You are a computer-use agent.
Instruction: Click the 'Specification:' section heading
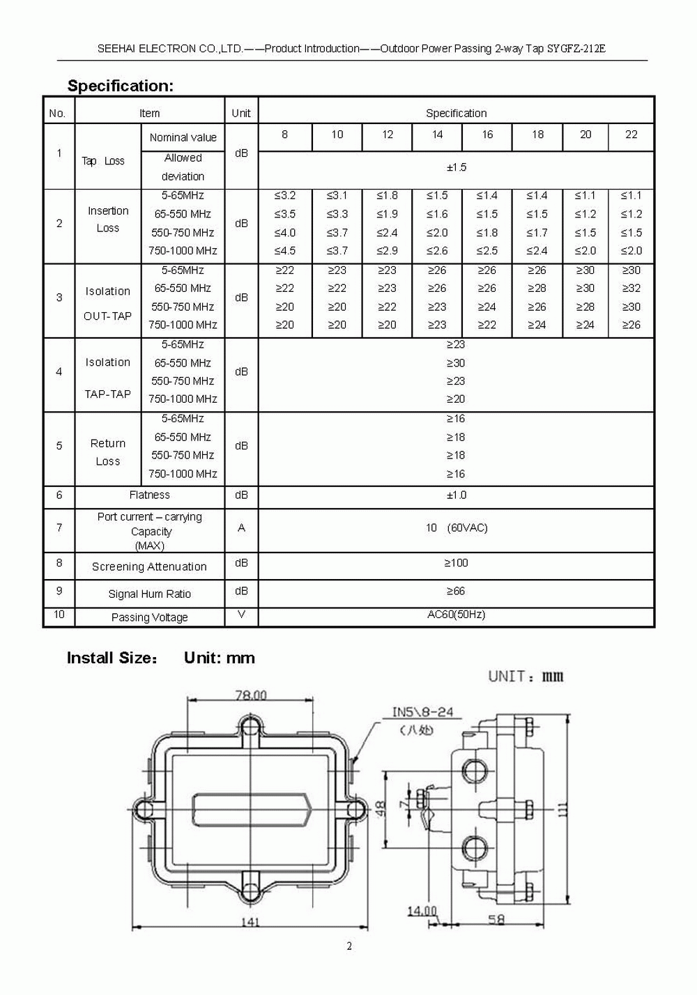click(120, 86)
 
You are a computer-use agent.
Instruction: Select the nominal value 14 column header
click(437, 134)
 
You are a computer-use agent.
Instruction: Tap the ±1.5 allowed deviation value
click(457, 167)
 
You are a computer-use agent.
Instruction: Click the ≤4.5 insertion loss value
click(284, 251)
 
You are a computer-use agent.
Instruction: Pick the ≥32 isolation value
click(631, 288)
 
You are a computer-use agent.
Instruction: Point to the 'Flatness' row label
click(149, 495)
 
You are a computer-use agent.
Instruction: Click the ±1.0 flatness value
click(457, 495)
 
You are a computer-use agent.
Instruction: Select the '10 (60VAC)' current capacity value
click(457, 528)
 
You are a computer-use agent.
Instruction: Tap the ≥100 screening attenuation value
click(457, 563)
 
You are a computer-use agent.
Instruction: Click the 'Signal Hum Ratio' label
click(149, 594)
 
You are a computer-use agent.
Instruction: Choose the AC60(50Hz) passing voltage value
click(457, 615)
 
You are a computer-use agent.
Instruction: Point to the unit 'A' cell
click(241, 528)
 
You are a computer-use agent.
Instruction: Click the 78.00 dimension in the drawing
click(251, 695)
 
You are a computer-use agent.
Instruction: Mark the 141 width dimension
click(250, 922)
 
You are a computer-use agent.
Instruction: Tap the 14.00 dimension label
click(422, 911)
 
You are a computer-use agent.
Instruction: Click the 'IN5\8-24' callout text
click(422, 712)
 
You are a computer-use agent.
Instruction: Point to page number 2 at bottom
click(349, 946)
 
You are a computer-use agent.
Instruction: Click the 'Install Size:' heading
click(112, 658)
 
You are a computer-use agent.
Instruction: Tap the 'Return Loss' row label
click(108, 452)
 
